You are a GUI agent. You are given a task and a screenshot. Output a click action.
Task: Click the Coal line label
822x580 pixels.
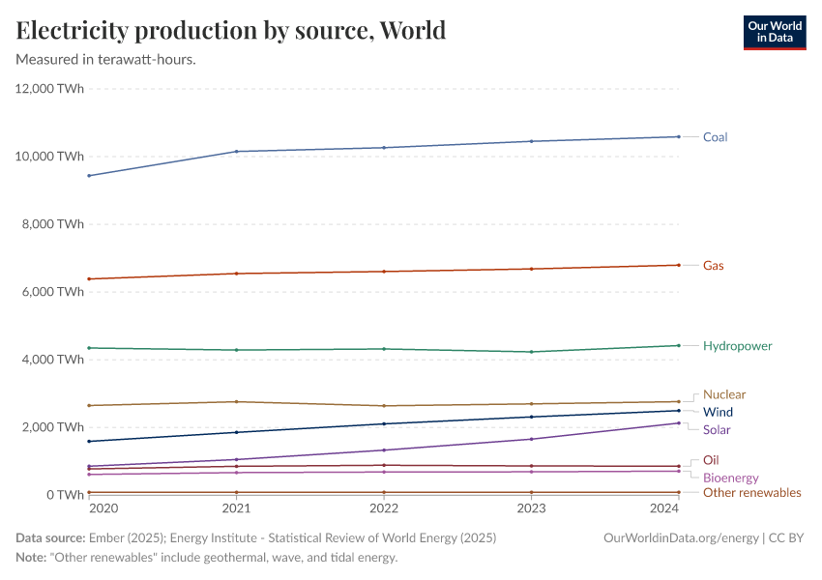coord(715,137)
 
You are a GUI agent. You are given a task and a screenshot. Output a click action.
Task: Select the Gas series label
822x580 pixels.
coord(713,266)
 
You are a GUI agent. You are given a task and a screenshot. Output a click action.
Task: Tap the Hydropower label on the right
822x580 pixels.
coord(737,346)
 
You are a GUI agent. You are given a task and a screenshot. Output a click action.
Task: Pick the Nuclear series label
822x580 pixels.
coord(724,394)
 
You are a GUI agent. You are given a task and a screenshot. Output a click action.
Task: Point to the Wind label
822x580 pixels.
coord(718,412)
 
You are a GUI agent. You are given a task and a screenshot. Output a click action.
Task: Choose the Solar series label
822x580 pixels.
coord(717,430)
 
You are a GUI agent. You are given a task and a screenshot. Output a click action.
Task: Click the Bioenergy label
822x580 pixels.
coord(730,478)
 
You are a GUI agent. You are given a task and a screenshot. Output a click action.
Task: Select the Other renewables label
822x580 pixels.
coord(751,493)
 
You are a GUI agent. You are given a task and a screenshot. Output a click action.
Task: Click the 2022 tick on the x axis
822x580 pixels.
coord(384,508)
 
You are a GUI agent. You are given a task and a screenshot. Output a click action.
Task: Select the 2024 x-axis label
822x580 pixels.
coord(664,508)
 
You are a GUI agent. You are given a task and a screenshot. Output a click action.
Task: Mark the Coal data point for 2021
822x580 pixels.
coord(237,152)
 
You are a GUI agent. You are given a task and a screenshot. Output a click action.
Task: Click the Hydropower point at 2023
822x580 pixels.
coord(531,352)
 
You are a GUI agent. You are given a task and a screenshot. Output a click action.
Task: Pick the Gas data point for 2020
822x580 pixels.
coord(90,279)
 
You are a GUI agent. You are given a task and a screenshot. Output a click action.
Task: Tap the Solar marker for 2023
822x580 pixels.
coord(531,439)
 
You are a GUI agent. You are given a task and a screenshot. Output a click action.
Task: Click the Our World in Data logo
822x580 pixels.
coord(774,32)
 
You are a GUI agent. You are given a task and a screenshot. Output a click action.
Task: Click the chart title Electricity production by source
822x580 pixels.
coord(231,31)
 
